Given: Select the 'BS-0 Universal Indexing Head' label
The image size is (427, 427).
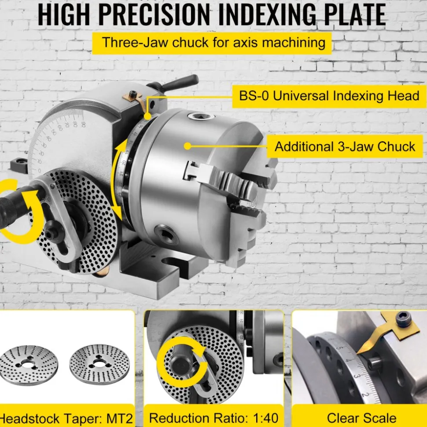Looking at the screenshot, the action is [x=329, y=96].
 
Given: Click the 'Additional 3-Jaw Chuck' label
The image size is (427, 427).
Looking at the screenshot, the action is [x=345, y=146].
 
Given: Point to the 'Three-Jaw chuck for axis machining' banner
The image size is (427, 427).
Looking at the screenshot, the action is [x=212, y=43].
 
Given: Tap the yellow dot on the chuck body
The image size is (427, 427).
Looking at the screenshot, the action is [x=188, y=146].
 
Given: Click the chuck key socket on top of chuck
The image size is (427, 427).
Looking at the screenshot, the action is [x=201, y=117].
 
